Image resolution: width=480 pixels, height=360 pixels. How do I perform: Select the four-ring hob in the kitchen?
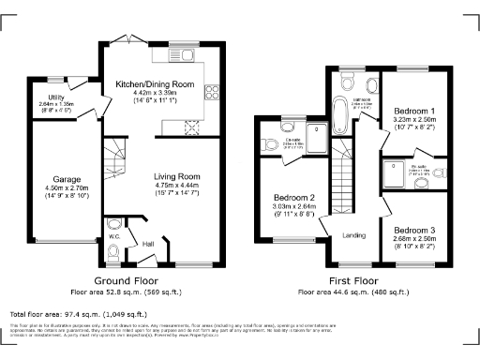(212, 92)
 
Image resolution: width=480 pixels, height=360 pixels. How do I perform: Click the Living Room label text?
(177, 175)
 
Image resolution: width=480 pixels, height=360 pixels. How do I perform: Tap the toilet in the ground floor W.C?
(114, 225)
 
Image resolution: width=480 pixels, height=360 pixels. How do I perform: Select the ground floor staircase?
(116, 150)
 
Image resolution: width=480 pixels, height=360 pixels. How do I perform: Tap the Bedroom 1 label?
(409, 111)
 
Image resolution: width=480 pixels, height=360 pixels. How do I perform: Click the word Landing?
(353, 234)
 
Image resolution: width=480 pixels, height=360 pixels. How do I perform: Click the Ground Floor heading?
(126, 280)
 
